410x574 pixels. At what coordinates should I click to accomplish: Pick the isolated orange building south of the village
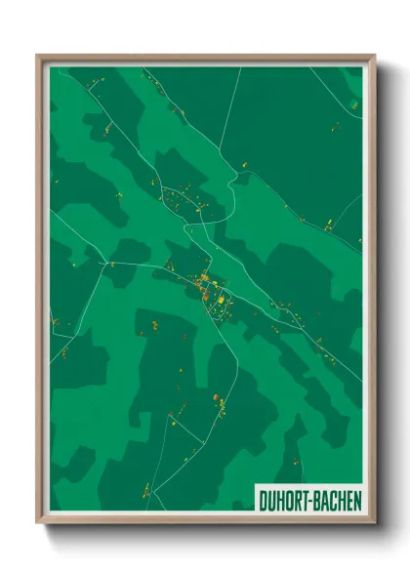pyautogui.click(x=217, y=397)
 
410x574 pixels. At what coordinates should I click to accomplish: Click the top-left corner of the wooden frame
pyautogui.click(x=38, y=56)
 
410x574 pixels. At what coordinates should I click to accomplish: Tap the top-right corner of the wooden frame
pyautogui.click(x=374, y=56)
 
